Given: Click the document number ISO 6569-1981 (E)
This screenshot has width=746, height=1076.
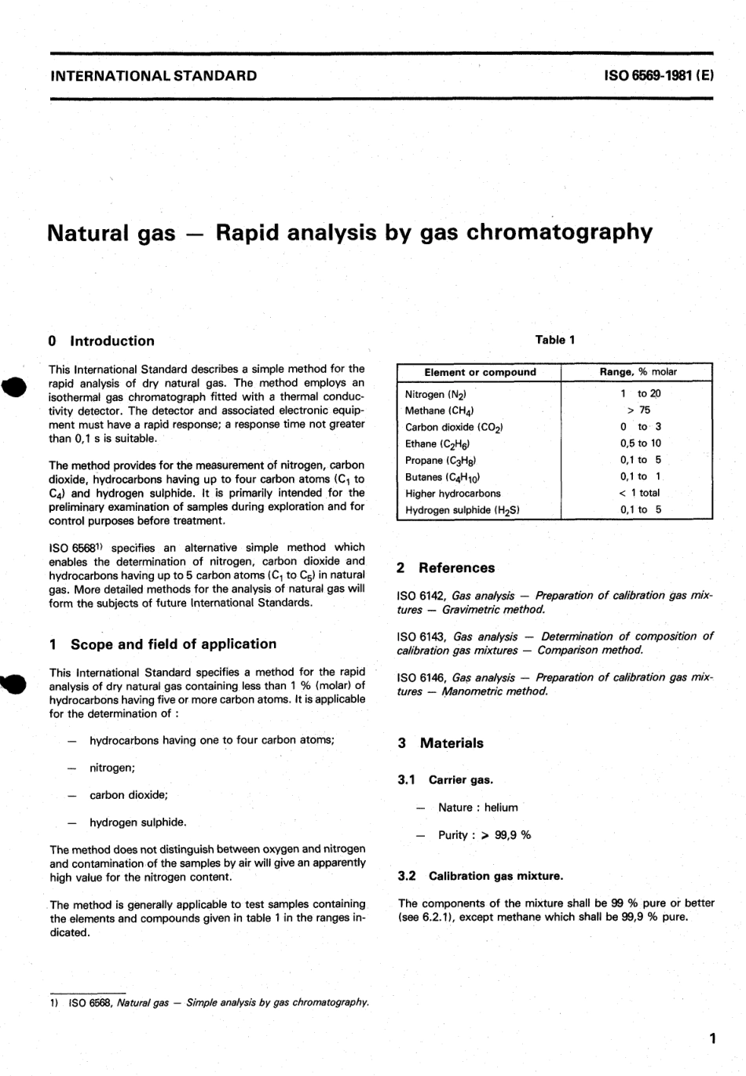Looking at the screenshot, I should (x=657, y=76).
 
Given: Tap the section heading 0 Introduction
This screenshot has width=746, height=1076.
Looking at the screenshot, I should (x=101, y=341).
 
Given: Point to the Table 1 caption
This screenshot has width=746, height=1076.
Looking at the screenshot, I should (x=554, y=340).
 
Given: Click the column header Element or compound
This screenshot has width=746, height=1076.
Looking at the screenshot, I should (x=480, y=372).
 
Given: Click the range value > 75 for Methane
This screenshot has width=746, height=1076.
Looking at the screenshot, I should (x=638, y=410).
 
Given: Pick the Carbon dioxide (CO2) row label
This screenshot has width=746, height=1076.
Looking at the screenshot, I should (x=454, y=427).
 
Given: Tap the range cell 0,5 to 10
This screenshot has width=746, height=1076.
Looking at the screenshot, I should (x=640, y=443).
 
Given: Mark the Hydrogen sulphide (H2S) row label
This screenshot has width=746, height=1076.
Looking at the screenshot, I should (x=462, y=510).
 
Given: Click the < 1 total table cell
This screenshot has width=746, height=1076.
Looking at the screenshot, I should (x=639, y=493).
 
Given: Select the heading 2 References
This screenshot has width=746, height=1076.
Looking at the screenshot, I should (x=446, y=567).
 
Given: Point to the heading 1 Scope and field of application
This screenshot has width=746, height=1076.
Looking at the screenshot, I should (x=163, y=644).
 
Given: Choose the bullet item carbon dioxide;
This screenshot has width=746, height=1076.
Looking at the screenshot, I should (x=129, y=795).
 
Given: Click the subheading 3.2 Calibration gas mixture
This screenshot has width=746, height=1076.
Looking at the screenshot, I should (x=481, y=876).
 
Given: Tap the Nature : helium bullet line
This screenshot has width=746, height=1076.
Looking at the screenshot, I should (x=477, y=808).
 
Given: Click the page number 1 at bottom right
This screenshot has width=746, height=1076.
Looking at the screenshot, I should (x=711, y=1039).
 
